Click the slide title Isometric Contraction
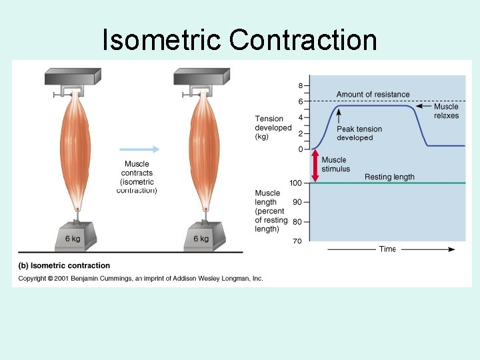[239, 39]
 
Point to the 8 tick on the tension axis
[301, 85]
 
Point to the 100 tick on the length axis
[295, 183]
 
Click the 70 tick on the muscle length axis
[297, 241]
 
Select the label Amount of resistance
[373, 95]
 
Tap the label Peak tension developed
[359, 133]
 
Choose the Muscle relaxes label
[446, 111]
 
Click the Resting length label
[389, 177]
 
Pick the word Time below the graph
[387, 249]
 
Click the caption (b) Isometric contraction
[64, 266]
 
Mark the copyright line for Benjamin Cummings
[140, 278]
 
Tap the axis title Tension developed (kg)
[273, 127]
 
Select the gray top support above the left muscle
[73, 77]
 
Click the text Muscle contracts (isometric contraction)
[137, 177]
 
